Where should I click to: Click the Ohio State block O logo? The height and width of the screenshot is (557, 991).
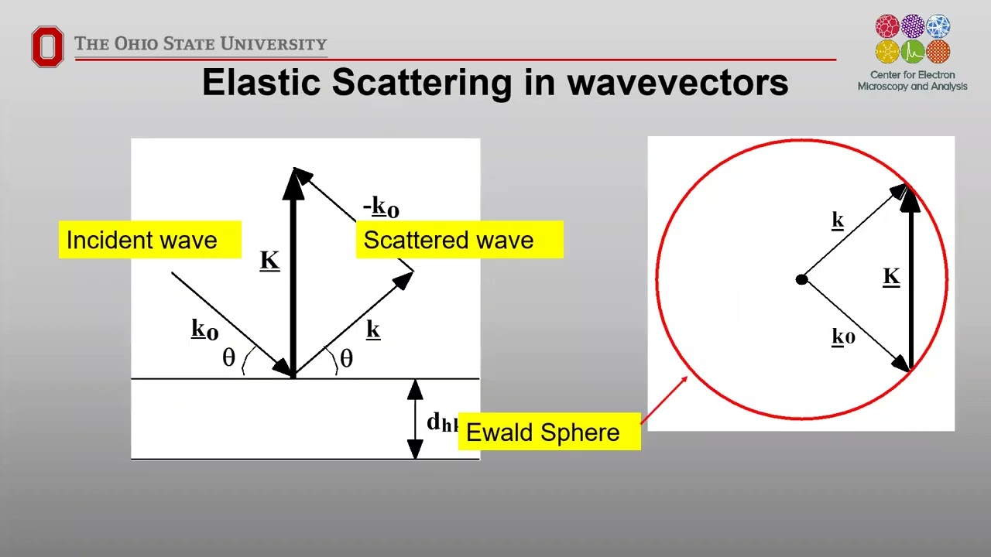(47, 46)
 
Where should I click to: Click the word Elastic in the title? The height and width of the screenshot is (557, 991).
(262, 82)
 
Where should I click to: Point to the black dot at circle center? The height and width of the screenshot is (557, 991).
(801, 279)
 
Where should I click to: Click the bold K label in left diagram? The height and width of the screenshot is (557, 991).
(269, 260)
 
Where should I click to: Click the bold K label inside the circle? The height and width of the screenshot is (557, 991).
(891, 276)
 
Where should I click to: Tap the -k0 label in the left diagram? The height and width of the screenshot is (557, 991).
(381, 207)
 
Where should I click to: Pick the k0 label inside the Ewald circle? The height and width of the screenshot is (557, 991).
(842, 337)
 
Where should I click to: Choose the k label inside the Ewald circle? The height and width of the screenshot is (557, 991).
(837, 220)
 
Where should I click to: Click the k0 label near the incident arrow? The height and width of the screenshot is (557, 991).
(204, 330)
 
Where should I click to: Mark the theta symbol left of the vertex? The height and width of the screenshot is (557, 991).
(228, 357)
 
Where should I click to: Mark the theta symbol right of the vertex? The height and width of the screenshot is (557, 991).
(346, 358)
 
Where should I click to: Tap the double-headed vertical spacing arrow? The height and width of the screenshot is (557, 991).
(415, 419)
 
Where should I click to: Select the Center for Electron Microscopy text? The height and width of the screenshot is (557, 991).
(912, 80)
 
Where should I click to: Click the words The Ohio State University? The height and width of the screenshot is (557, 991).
(201, 44)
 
